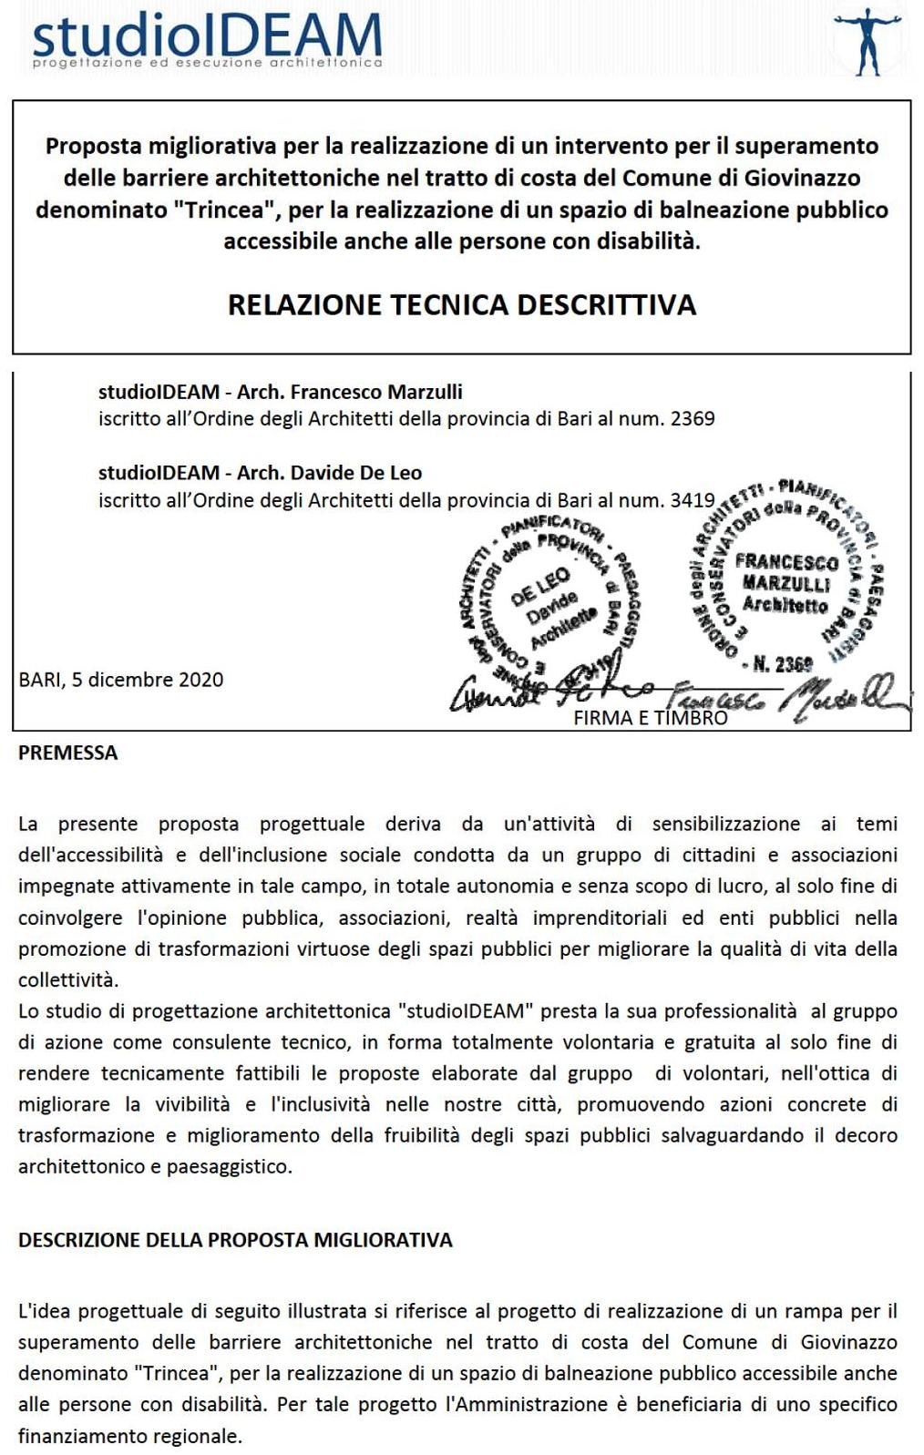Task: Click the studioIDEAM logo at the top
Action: click(207, 38)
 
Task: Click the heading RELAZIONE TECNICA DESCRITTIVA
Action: click(461, 304)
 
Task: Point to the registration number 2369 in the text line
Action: click(693, 419)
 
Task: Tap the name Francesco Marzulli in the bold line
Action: click(390, 393)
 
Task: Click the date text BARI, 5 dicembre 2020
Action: click(121, 680)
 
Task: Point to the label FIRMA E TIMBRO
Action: click(651, 718)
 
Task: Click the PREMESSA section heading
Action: click(68, 753)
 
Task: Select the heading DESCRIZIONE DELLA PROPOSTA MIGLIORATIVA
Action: click(235, 1240)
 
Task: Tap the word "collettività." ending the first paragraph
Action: click(68, 980)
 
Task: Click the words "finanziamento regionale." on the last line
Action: click(129, 1436)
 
